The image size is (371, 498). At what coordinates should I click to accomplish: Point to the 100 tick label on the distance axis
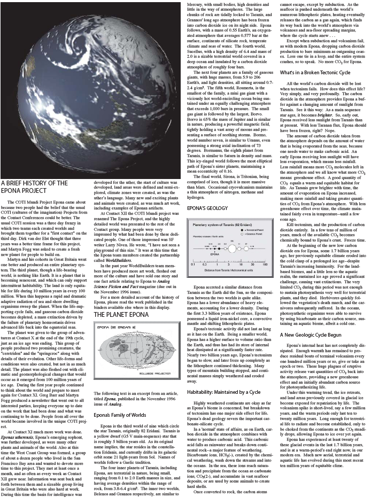[x=265, y=264]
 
